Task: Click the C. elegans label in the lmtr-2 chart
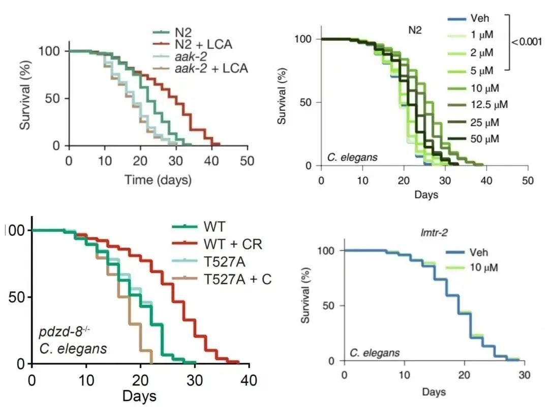tap(374, 352)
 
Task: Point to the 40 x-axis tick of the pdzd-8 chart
tap(249, 380)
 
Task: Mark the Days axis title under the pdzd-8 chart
tap(139, 396)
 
